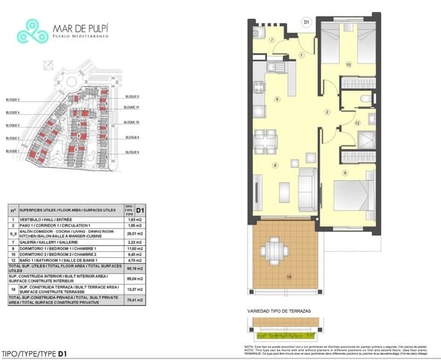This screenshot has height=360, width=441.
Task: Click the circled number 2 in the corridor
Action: coord(327,112)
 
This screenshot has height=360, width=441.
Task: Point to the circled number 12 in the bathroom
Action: coord(358,121)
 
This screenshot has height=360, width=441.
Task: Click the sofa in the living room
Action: coord(306,187)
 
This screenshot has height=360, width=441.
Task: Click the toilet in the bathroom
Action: coord(364,99)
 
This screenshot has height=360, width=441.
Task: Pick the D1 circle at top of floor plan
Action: coord(306,22)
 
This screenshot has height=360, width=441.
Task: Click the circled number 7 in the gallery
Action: coord(272,40)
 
